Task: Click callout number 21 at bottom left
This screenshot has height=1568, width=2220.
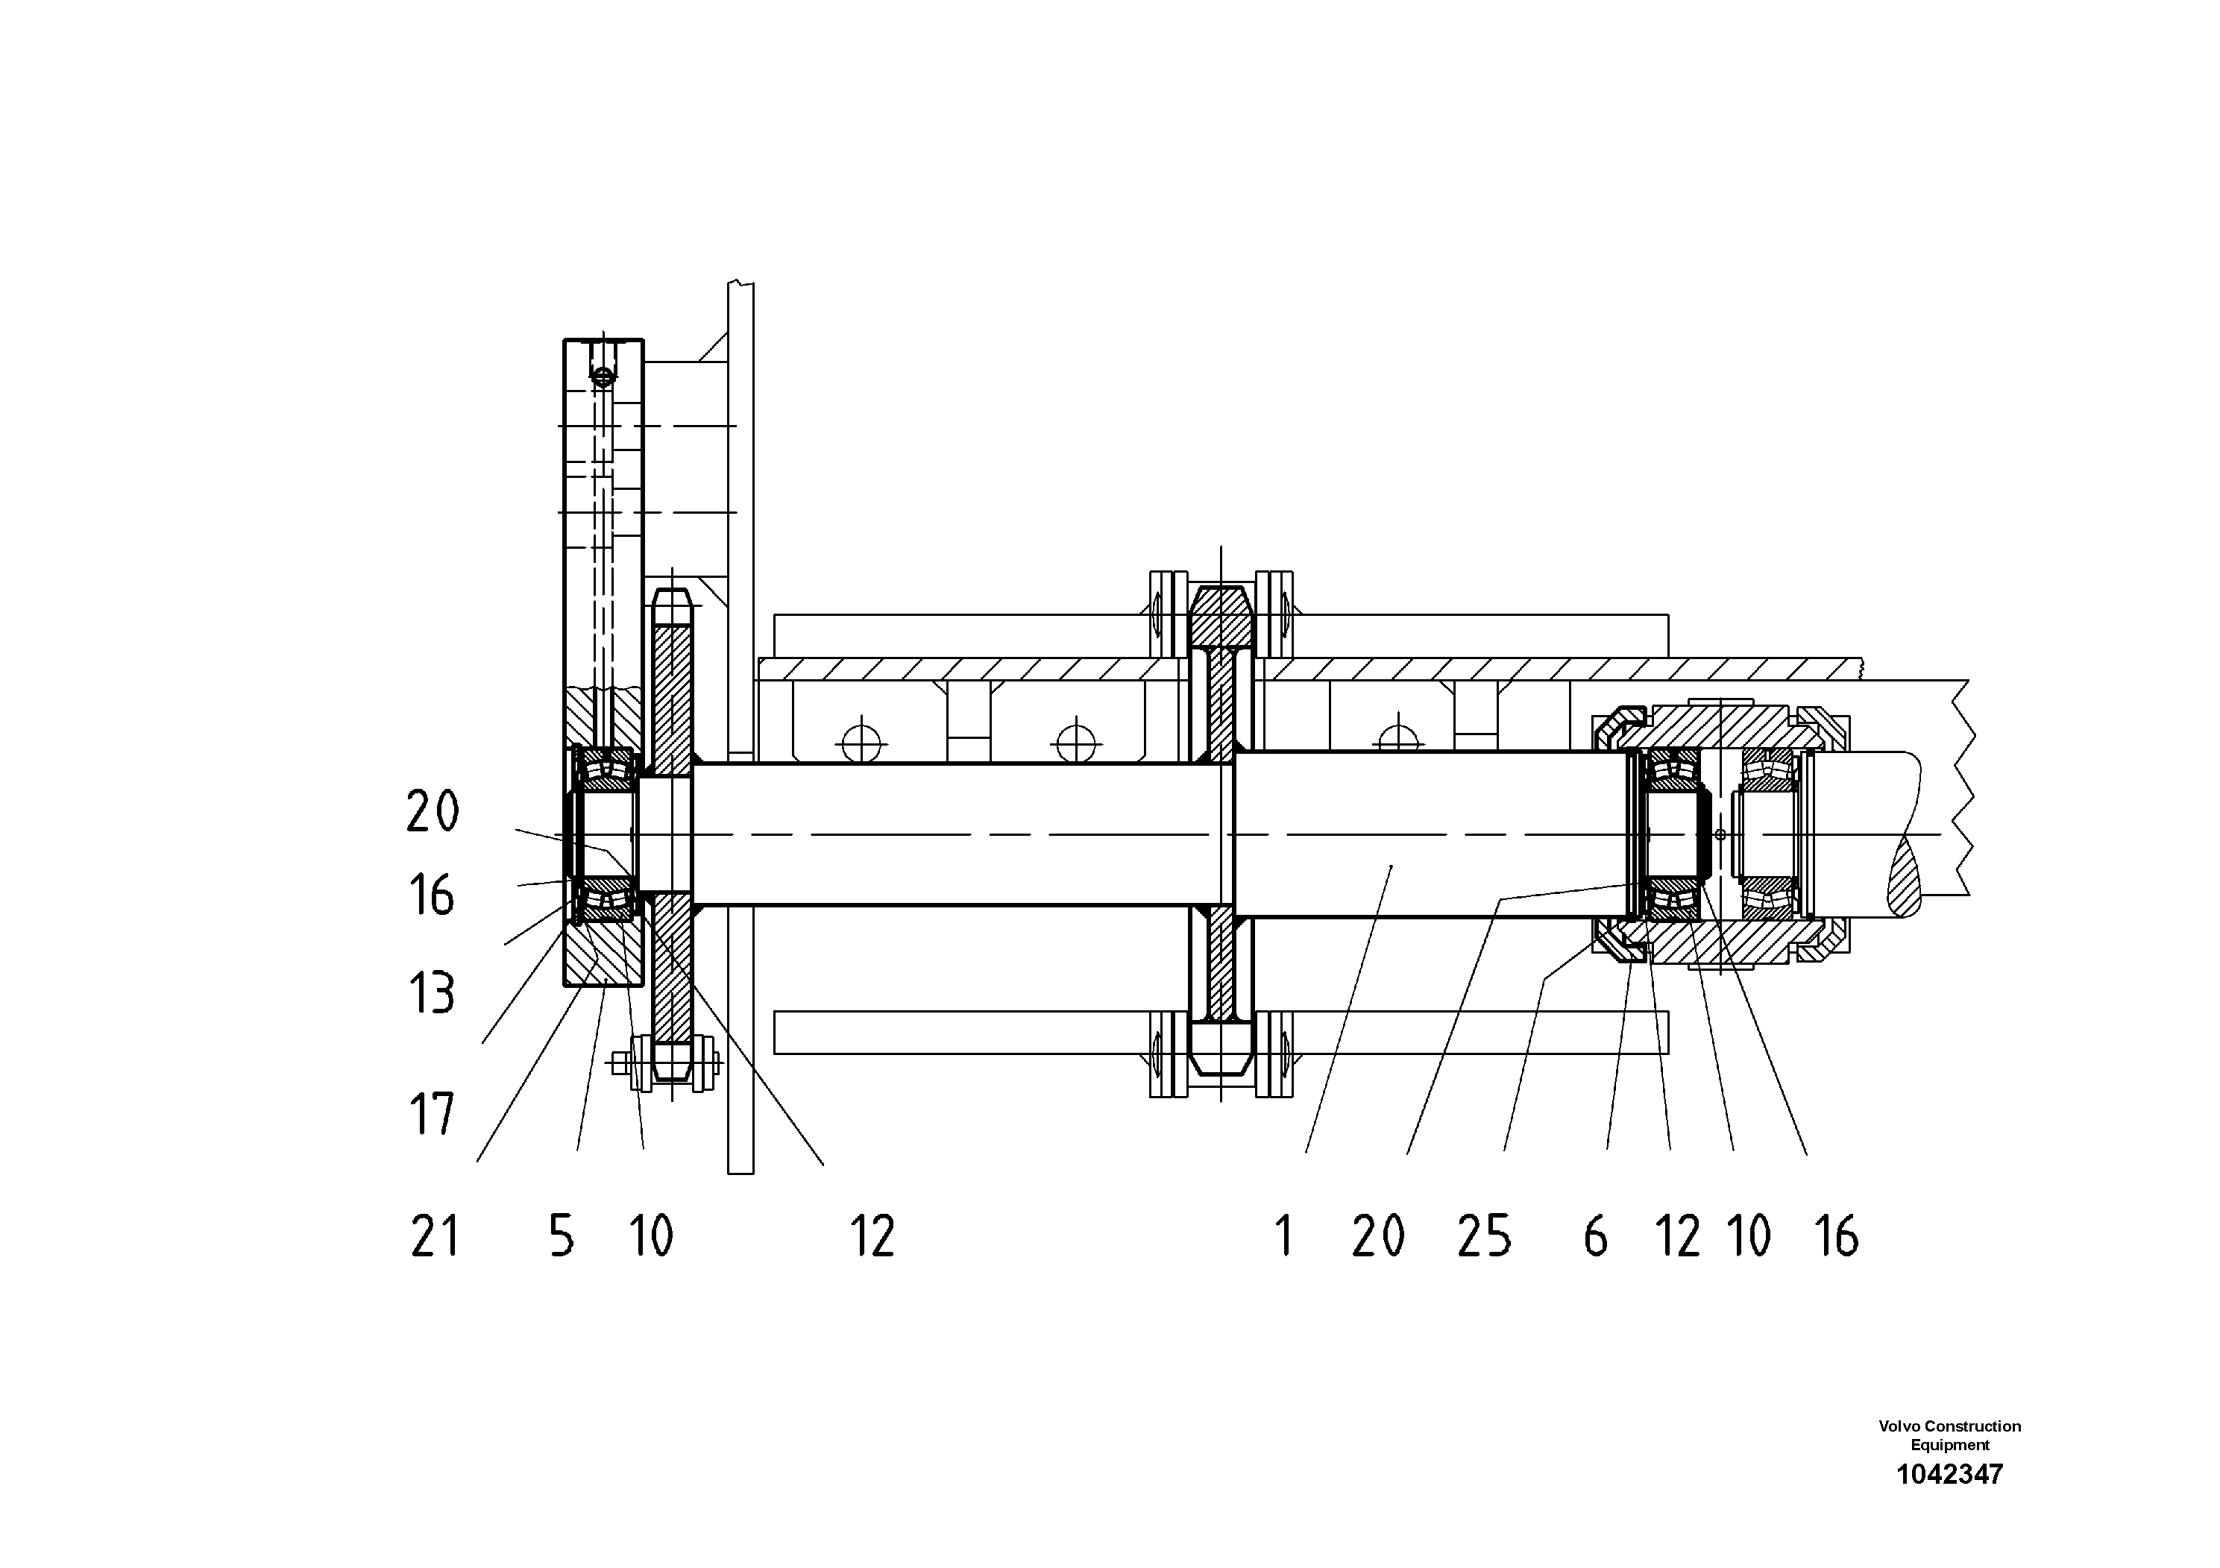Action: (x=434, y=1236)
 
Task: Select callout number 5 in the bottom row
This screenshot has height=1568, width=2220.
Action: (x=562, y=1236)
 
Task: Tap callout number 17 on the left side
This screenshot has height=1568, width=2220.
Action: (x=431, y=1115)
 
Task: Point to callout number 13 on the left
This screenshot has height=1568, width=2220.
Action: (x=431, y=993)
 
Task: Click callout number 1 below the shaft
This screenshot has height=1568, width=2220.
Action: (x=1284, y=1236)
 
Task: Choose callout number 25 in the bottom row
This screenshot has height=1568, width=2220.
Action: (x=1484, y=1236)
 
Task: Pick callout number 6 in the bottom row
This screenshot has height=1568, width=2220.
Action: (x=1595, y=1236)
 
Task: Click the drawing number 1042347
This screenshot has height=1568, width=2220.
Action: (x=1949, y=1474)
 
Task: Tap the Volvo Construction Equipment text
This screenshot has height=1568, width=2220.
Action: (x=1949, y=1435)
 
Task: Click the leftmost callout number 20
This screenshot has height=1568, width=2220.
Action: (x=433, y=810)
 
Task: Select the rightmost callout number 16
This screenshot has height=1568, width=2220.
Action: (x=1836, y=1236)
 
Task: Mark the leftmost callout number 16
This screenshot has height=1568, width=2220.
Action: (x=431, y=895)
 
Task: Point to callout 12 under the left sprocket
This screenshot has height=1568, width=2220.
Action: (x=873, y=1236)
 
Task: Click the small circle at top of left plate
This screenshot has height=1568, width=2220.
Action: (x=603, y=376)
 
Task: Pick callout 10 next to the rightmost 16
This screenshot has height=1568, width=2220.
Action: (x=1749, y=1236)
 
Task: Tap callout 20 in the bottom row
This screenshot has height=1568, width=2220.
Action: (x=1378, y=1236)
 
